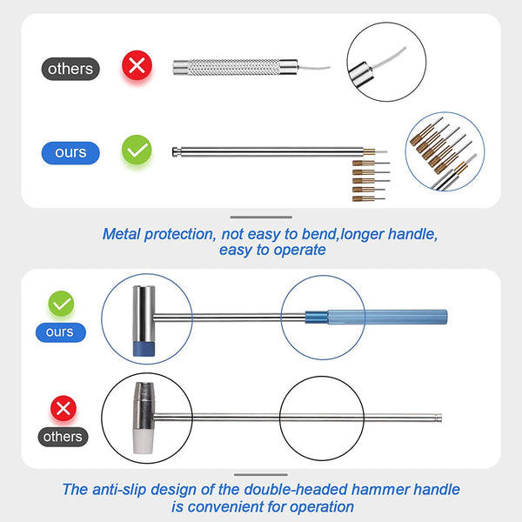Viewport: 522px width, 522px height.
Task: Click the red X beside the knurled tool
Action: tap(136, 65)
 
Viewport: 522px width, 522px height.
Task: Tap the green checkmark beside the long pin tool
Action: tap(136, 151)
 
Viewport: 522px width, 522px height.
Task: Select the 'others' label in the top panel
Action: tap(70, 68)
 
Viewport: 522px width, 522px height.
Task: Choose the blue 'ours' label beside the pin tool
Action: tap(70, 152)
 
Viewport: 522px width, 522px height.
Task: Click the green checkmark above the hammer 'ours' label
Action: tap(60, 304)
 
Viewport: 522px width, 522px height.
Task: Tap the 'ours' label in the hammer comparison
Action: tap(60, 331)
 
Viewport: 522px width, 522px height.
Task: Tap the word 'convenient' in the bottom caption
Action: tap(225, 506)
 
